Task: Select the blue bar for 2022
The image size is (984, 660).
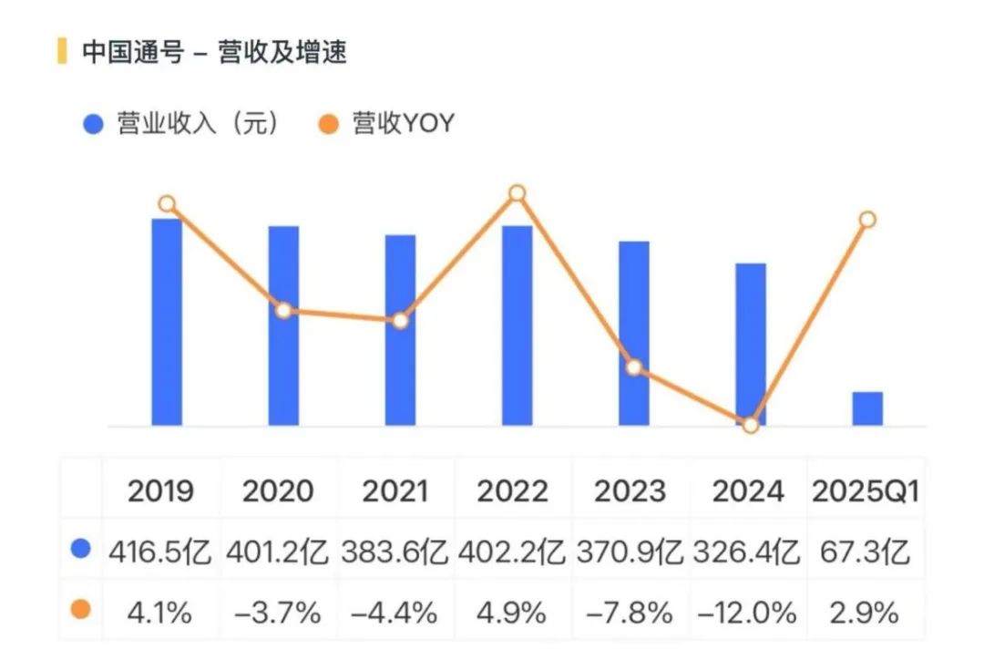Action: point(517,325)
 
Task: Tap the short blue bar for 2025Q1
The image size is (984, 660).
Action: point(867,408)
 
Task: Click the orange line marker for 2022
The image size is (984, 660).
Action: point(517,192)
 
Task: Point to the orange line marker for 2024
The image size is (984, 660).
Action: point(750,425)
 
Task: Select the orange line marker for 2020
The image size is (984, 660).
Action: point(283,310)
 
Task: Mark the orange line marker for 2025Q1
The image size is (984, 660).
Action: point(867,219)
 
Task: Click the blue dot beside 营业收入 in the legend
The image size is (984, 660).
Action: point(92,125)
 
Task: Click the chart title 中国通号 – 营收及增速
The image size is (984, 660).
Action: point(214,52)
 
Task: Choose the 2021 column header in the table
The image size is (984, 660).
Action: point(395,491)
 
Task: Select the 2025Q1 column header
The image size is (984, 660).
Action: point(866,491)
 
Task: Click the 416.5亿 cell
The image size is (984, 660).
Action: point(160,552)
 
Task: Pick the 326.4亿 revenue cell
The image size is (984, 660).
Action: point(747,552)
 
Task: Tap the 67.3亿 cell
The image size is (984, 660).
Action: point(866,552)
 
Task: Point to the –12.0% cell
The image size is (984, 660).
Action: point(747,613)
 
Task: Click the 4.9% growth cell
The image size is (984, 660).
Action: point(512,613)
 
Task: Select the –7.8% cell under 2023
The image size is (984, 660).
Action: point(630,613)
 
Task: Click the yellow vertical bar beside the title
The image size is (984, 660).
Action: point(62,51)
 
